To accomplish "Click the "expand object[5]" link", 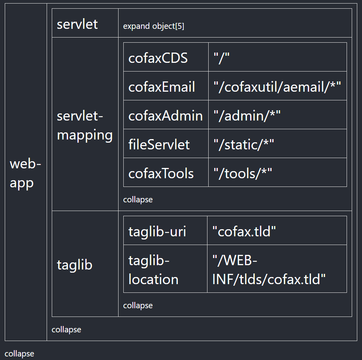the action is click(x=153, y=26).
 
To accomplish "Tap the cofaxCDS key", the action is click(x=158, y=58).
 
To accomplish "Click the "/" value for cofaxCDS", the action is click(x=221, y=58).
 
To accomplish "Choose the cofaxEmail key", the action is click(x=162, y=87).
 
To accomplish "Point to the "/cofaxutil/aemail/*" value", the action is click(x=277, y=87).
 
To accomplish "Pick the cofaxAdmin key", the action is click(x=166, y=116).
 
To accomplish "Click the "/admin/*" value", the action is click(x=247, y=116).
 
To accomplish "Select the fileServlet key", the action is click(x=159, y=145).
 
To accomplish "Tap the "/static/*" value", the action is click(x=243, y=145).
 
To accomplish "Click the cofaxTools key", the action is click(x=161, y=173).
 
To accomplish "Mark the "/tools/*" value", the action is click(x=243, y=173).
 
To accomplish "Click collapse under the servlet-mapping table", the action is click(x=138, y=200).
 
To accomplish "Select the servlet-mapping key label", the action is click(x=85, y=125).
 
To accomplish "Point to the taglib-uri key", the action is click(x=157, y=232).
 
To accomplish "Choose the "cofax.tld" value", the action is click(x=244, y=232).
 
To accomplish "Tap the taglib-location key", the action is click(x=153, y=270).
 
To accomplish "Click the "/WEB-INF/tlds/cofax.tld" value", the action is click(x=269, y=270).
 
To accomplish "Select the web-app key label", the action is click(x=25, y=173).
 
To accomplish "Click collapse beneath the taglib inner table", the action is click(x=138, y=305).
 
